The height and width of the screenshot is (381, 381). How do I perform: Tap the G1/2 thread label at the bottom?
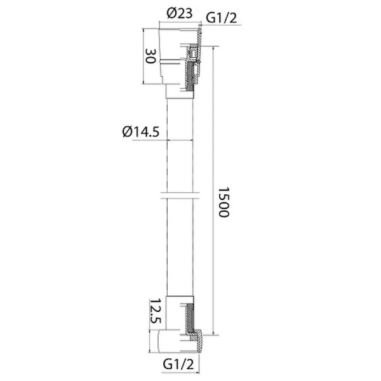pyautogui.click(x=177, y=363)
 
